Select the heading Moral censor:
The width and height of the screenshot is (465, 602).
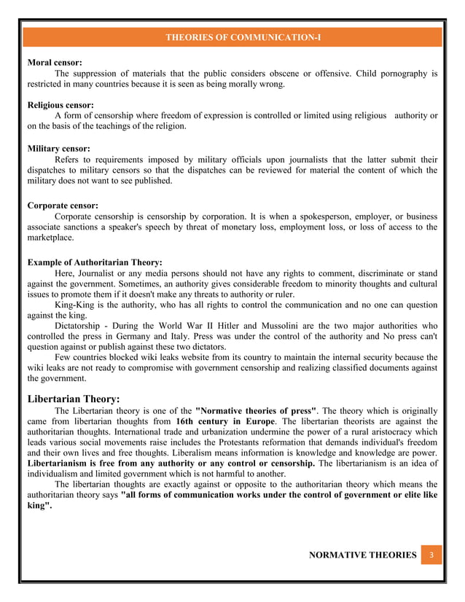[55, 63]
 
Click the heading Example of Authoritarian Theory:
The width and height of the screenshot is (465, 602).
[95, 262]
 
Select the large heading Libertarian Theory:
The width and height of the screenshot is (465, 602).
[74, 399]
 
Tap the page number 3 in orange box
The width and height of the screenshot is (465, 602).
[431, 555]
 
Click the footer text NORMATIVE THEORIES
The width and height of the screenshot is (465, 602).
[362, 555]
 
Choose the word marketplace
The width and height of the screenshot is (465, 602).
[50, 238]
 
